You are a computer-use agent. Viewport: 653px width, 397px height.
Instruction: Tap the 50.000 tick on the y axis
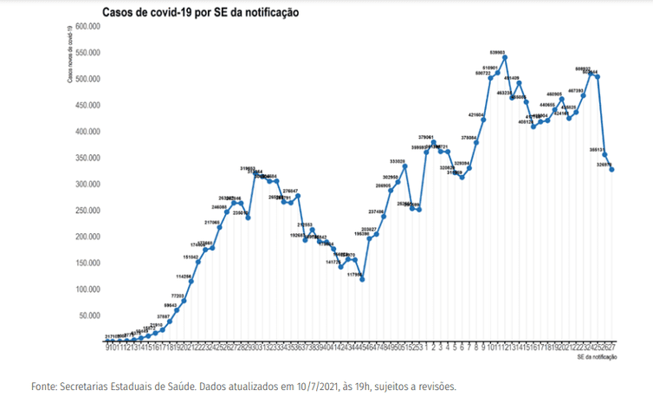pos(91,316)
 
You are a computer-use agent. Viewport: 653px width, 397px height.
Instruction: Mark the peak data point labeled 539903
pos(505,58)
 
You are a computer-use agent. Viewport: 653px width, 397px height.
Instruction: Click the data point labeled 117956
pos(362,279)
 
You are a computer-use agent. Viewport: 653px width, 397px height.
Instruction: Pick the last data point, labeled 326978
pos(612,170)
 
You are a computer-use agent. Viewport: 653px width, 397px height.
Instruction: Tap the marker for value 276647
pos(298,196)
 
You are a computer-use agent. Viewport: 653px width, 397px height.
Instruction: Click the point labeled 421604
pos(483,120)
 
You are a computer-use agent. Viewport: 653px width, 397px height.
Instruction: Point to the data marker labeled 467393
pos(584,95)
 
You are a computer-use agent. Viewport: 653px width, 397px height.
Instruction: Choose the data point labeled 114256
pos(191,281)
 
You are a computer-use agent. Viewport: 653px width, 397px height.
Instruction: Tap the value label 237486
pos(377,211)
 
